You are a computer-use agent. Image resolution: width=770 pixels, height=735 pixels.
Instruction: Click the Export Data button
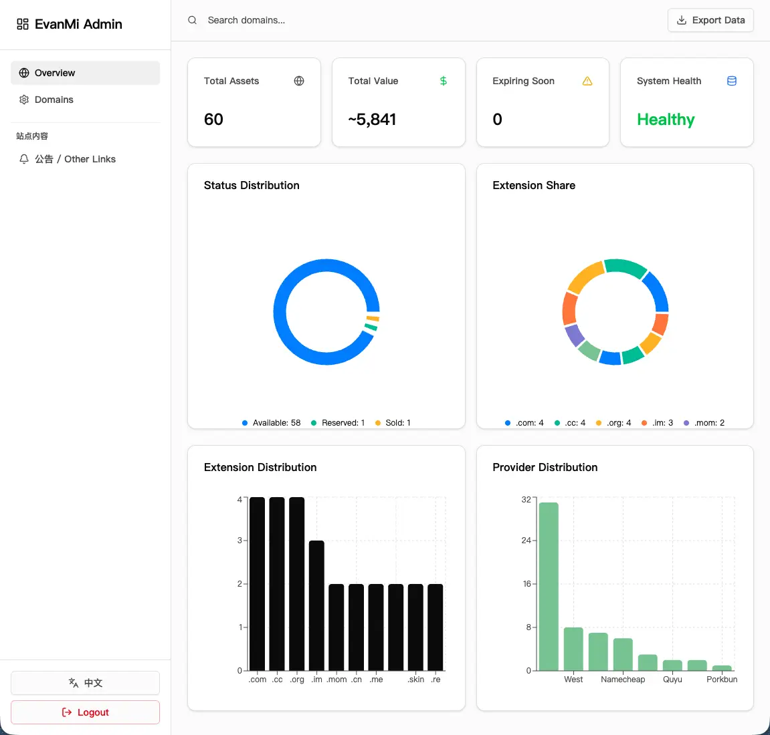[x=710, y=20]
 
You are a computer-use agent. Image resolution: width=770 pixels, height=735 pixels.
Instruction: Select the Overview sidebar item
[x=85, y=73]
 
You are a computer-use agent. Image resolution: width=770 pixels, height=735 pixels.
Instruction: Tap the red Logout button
[x=85, y=712]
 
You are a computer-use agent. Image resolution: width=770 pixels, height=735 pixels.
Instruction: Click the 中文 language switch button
[x=85, y=682]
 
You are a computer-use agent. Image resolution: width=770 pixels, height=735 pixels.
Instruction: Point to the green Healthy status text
[x=666, y=119]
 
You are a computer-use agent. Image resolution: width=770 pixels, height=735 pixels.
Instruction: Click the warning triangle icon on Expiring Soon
[x=587, y=81]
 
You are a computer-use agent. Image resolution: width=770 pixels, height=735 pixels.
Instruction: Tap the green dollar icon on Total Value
[x=444, y=81]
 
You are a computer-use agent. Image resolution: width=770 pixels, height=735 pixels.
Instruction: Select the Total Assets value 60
[x=213, y=119]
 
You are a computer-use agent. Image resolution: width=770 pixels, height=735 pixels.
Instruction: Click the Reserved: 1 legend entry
[x=338, y=423]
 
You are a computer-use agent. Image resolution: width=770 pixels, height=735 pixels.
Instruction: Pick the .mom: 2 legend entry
[x=704, y=423]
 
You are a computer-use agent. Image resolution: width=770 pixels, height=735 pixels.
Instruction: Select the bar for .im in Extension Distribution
[x=316, y=605]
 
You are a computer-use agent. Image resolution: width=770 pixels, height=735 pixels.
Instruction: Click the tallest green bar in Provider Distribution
[x=549, y=587]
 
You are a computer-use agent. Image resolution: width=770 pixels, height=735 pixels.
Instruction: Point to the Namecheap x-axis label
[x=623, y=679]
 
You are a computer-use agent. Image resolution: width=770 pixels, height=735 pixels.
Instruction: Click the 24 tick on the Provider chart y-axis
[x=526, y=541]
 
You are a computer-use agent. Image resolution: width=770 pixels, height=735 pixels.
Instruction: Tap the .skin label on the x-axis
[x=415, y=679]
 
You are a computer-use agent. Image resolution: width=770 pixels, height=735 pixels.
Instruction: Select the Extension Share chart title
[x=534, y=185]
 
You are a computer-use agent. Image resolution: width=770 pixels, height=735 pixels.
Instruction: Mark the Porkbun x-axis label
[x=722, y=679]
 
